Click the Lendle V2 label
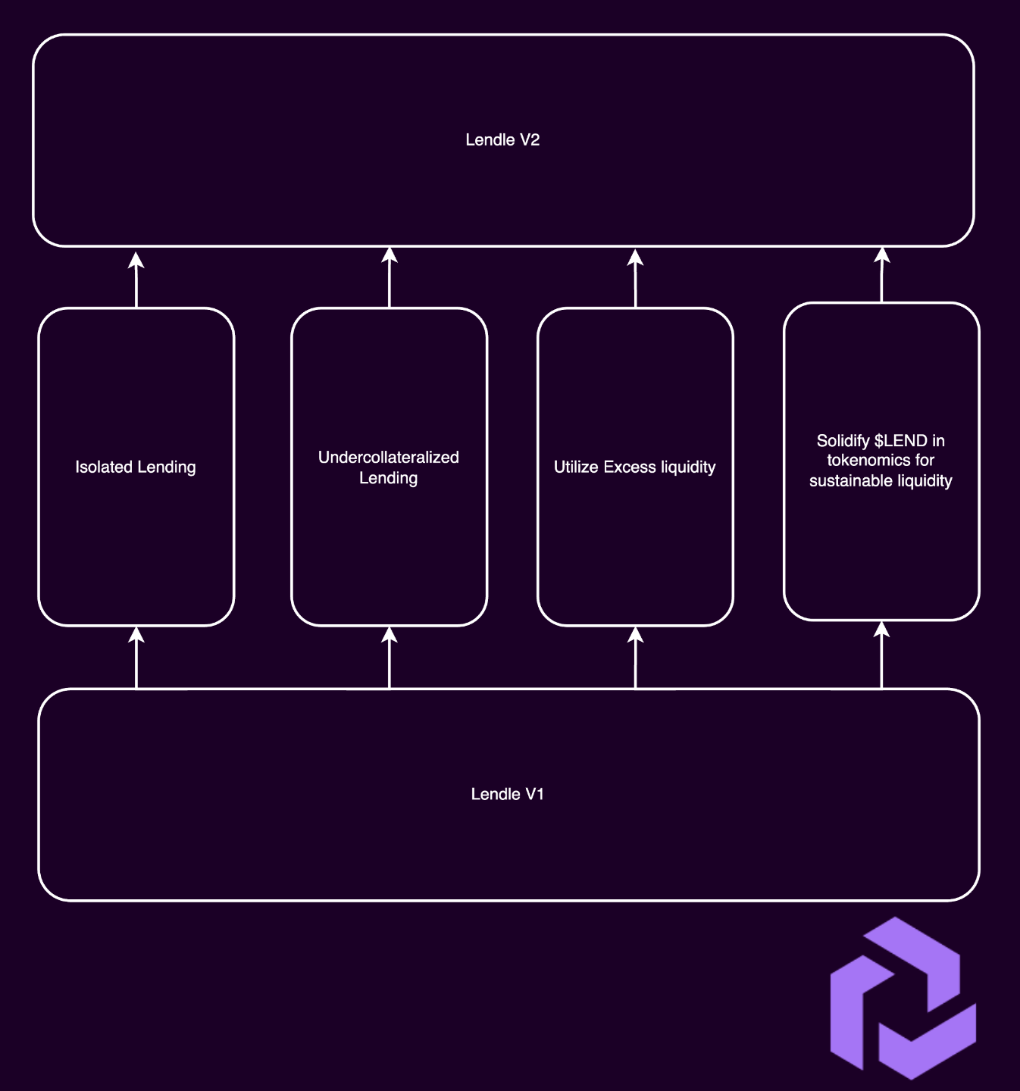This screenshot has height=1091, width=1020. point(502,139)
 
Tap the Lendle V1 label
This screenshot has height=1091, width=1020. point(507,794)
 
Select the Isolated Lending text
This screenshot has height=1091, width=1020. point(136,467)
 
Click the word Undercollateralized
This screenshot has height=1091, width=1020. point(389,457)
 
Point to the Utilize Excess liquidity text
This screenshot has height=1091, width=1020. point(635,467)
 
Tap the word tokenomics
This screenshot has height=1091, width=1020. point(861,461)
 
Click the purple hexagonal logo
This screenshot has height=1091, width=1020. point(903,998)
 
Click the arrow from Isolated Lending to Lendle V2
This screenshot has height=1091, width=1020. point(136,280)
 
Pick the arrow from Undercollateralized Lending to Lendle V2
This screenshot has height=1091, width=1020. point(389,277)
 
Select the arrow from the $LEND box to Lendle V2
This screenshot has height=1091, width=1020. point(881,275)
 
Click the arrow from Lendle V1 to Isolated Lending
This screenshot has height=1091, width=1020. point(136,658)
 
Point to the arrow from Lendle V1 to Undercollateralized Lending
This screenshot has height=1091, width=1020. point(389,658)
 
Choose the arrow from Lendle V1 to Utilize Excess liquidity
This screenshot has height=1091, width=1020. point(635,658)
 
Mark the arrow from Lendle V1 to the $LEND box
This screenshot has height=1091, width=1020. point(881,655)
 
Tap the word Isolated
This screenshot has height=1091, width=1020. point(104,467)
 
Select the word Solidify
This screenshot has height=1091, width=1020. point(843,441)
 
